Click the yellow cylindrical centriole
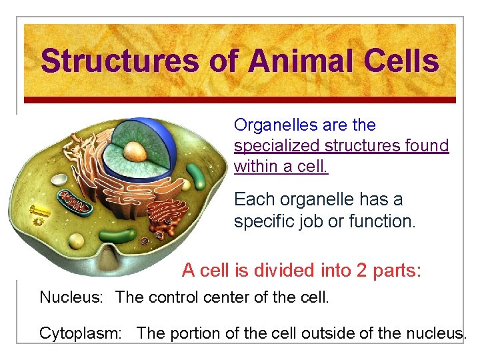click(40, 210)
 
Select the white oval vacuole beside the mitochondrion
click(60, 180)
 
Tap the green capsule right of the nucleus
click(197, 176)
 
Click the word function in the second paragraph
click(383, 220)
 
